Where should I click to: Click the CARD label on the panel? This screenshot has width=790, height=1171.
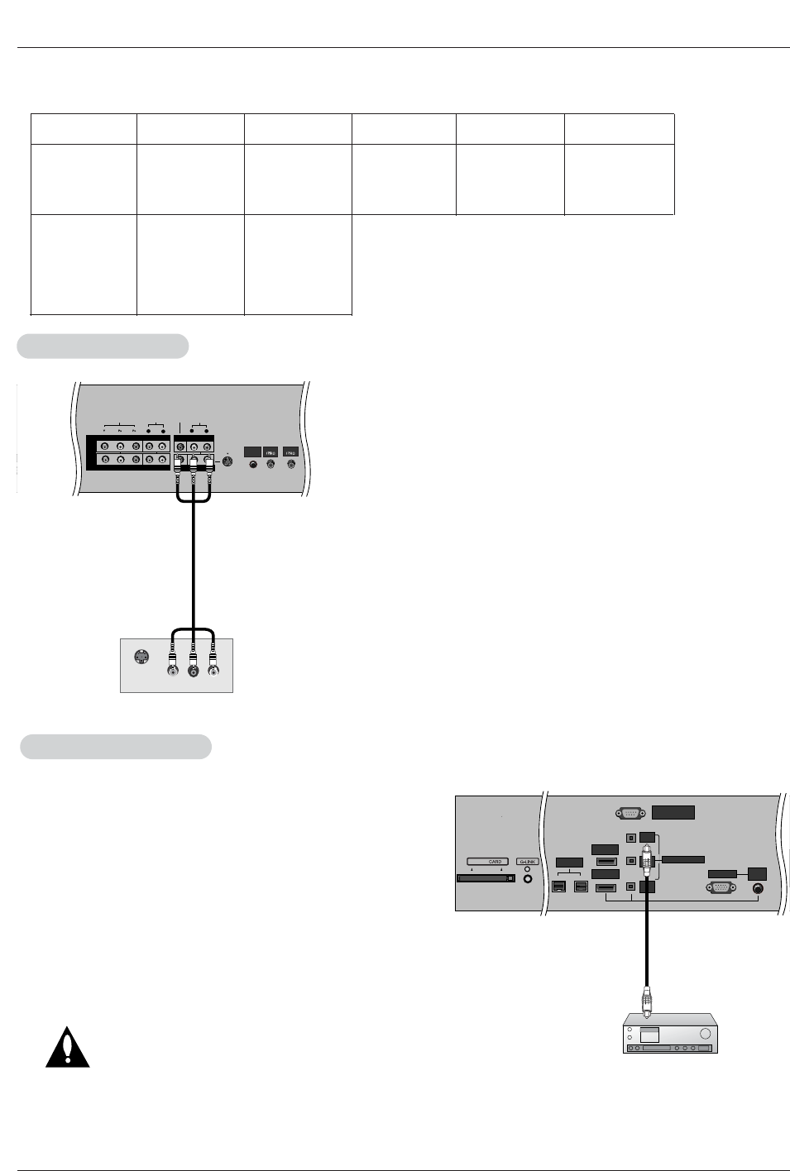point(495,862)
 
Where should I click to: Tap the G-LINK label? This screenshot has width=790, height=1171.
point(528,862)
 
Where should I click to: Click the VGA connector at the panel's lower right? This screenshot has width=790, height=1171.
point(718,889)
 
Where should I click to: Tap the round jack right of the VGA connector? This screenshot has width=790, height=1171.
point(759,889)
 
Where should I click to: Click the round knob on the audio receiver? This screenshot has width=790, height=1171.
point(705,1035)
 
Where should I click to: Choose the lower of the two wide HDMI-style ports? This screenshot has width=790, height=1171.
point(606,888)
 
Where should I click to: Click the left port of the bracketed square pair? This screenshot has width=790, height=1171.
point(558,888)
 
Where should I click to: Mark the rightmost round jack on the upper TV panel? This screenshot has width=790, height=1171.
point(290,465)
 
